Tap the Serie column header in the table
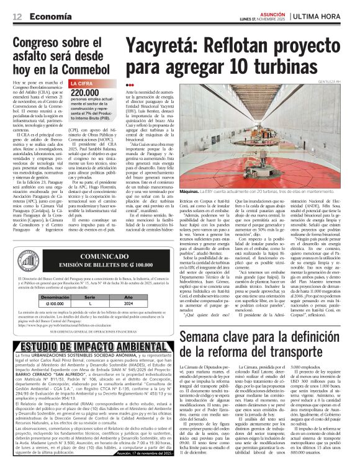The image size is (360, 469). point(89,298)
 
